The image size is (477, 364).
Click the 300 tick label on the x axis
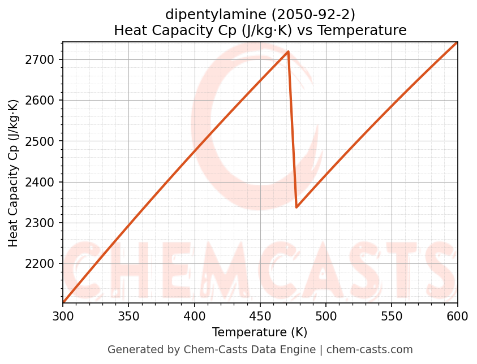63,316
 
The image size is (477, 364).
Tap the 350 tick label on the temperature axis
128,316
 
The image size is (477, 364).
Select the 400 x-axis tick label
195,316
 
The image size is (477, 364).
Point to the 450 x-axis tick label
260,316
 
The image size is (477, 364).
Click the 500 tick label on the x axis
326,316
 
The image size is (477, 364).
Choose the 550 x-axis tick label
392,316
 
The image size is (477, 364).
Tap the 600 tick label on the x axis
457,316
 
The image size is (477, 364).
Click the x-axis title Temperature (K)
260,332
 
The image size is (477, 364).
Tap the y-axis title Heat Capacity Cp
14,172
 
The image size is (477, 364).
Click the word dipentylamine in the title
205,14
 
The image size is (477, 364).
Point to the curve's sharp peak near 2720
288,51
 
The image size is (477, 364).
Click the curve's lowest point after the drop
296,207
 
